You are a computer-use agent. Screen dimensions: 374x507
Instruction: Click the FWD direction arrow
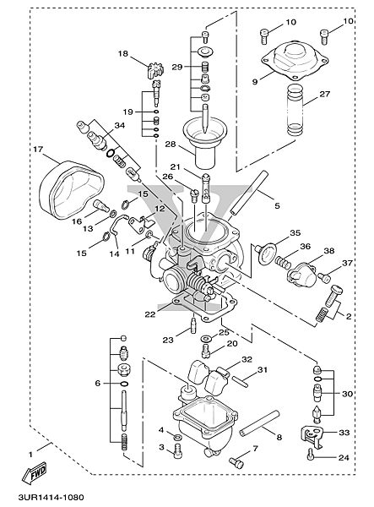pyautogui.click(x=34, y=472)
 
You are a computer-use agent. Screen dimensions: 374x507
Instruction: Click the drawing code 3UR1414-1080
pyautogui.click(x=51, y=497)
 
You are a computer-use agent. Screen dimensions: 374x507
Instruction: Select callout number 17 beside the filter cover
pyautogui.click(x=38, y=150)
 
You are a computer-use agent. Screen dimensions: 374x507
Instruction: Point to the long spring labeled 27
pyautogui.click(x=295, y=111)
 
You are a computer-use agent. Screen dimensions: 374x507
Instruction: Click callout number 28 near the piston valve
pyautogui.click(x=171, y=144)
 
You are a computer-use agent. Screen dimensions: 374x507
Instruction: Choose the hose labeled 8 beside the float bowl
pyautogui.click(x=259, y=423)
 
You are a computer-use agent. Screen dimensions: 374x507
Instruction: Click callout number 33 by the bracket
pyautogui.click(x=344, y=433)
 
